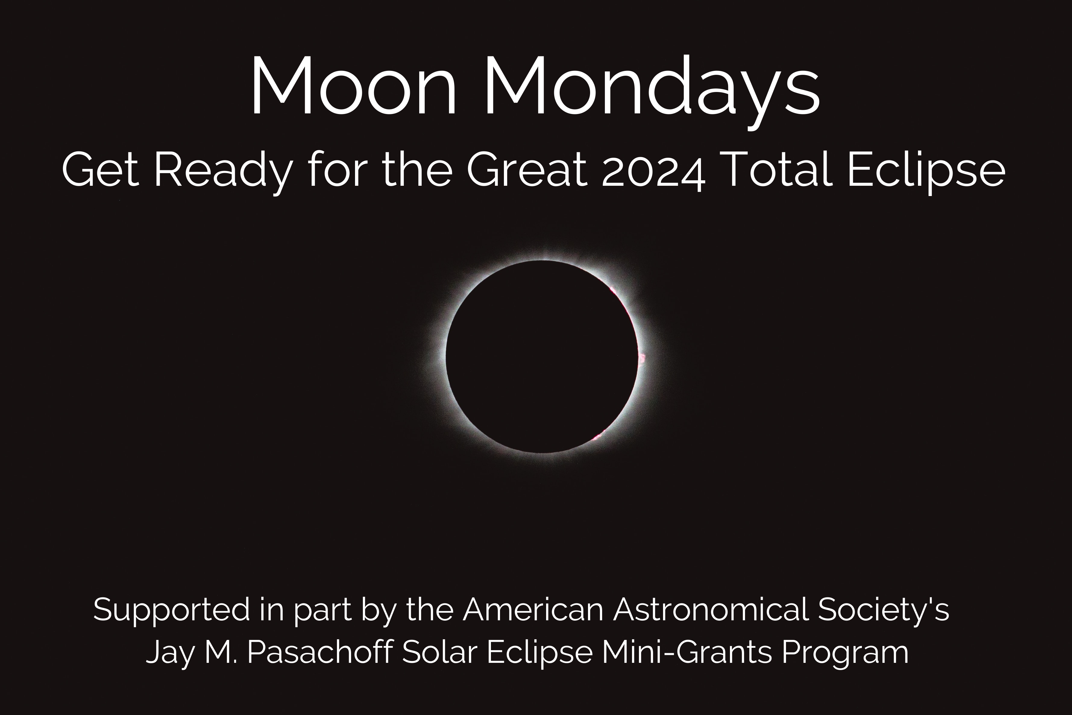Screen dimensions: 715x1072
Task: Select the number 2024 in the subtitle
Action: (653, 171)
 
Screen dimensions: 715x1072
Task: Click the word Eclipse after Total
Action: (926, 171)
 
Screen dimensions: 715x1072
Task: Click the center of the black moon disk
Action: (542, 356)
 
